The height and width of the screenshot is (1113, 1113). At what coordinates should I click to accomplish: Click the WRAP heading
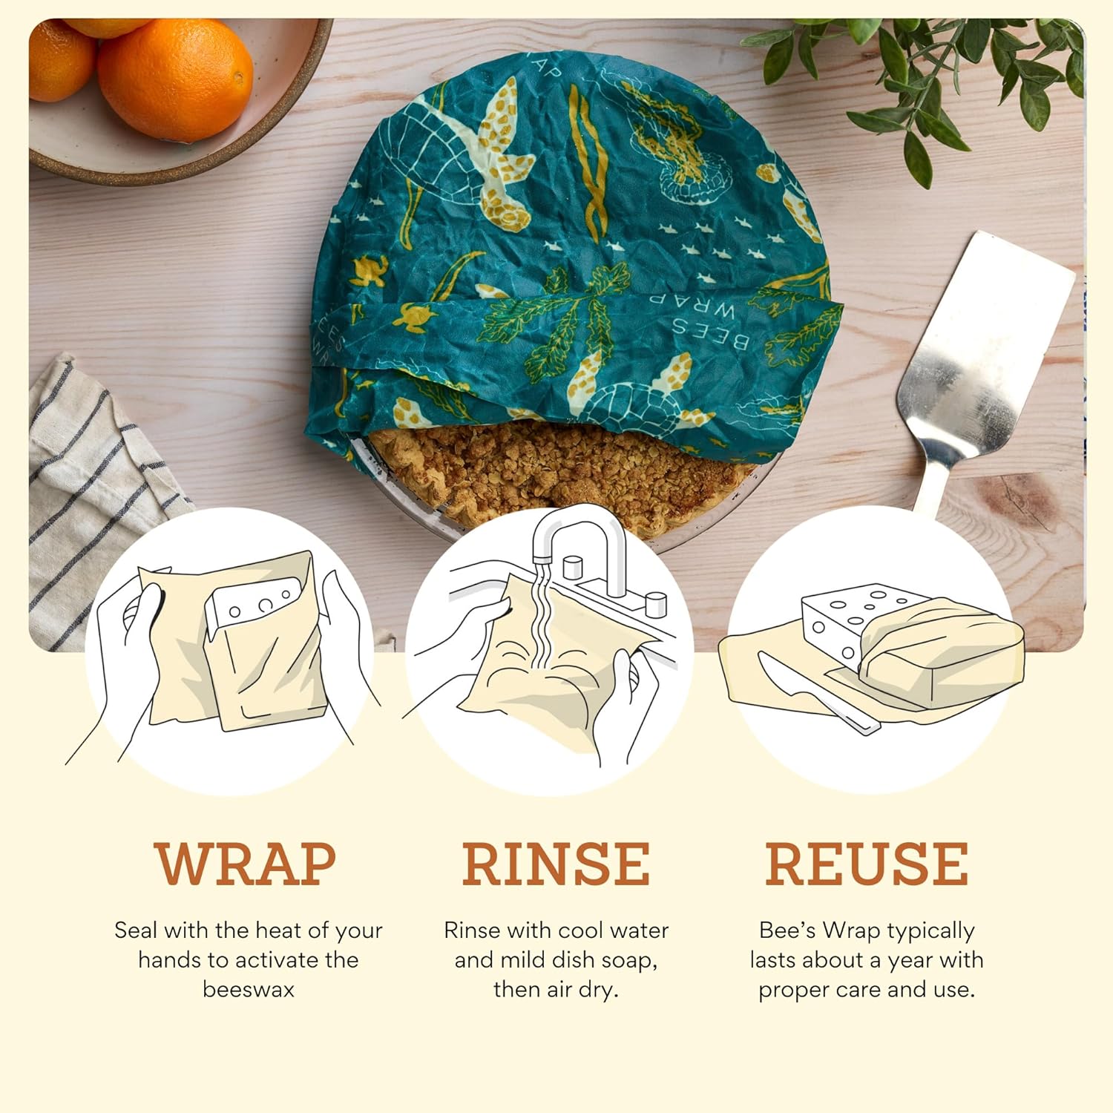(x=246, y=864)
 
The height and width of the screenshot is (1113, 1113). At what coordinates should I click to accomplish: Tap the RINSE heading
(x=556, y=864)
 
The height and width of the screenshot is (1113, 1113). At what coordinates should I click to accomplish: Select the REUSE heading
(x=867, y=864)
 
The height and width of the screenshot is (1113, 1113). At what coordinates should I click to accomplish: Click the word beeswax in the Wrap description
(x=249, y=989)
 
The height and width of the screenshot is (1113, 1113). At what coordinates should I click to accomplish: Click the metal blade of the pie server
(x=987, y=349)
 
